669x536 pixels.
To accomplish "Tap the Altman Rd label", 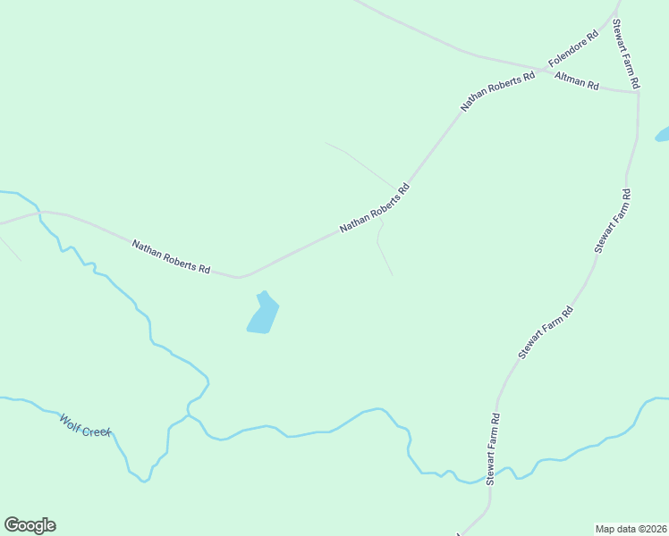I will tap(577, 81).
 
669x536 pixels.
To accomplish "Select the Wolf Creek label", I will tap(85, 425).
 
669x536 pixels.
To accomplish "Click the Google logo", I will tap(30, 525).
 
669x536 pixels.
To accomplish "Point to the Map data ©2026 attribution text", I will tap(631, 528).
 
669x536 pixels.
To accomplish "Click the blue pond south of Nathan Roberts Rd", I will tap(263, 314).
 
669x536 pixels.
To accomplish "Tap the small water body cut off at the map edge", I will tap(663, 135).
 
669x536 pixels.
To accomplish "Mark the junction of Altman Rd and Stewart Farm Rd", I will tap(637, 92).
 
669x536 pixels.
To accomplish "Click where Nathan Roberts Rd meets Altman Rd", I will tap(542, 69).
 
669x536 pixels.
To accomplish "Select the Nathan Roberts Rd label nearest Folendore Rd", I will tap(497, 91).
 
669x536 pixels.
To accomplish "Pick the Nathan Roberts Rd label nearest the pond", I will tap(171, 256).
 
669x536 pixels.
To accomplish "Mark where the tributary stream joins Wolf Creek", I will tap(188, 415).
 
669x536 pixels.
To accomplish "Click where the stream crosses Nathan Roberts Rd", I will tap(40, 213).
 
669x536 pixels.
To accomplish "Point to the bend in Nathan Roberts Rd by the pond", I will tap(240, 277).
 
